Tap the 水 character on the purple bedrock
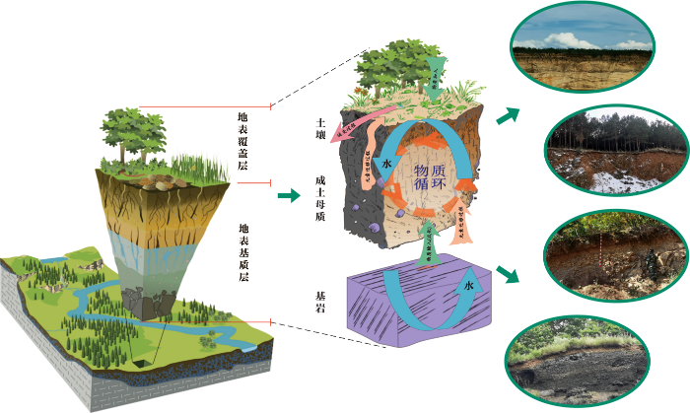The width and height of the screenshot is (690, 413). pos(469,286)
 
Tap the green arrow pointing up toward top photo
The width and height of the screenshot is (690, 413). pos(507,116)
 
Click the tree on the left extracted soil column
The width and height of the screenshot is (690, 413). pos(132,133)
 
